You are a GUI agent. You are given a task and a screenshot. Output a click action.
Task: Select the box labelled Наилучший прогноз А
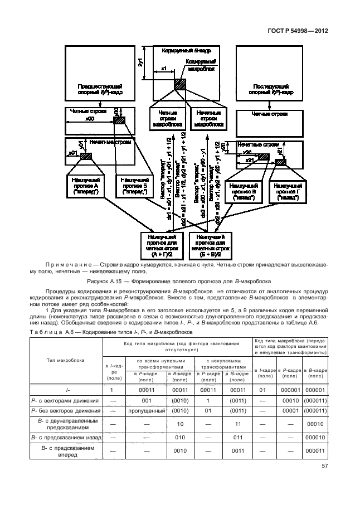click(x=85, y=186)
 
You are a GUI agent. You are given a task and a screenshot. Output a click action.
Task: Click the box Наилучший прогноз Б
click(x=134, y=186)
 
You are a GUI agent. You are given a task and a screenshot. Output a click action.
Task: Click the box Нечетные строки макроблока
click(x=207, y=119)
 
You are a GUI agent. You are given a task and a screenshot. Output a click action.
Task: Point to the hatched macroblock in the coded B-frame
click(x=180, y=84)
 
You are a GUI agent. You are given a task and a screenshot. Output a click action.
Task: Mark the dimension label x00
click(x=89, y=119)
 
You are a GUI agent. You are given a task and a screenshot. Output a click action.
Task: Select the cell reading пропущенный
click(x=147, y=410)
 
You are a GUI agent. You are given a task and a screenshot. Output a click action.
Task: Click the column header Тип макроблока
click(x=66, y=360)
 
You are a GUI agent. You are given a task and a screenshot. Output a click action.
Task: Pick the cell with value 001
click(x=147, y=400)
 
